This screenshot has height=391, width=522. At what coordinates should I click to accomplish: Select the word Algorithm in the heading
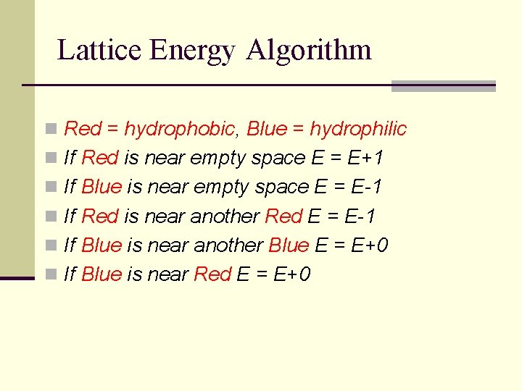(309, 51)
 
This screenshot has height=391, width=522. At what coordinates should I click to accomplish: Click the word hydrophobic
(179, 129)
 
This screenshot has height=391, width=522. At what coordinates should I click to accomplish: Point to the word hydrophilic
(358, 129)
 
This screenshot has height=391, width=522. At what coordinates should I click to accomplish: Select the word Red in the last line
(213, 274)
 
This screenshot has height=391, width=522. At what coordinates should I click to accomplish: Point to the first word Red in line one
(83, 129)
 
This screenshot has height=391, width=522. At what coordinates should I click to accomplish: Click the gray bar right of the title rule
(443, 85)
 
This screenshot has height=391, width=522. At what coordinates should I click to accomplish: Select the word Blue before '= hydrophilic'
(267, 129)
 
